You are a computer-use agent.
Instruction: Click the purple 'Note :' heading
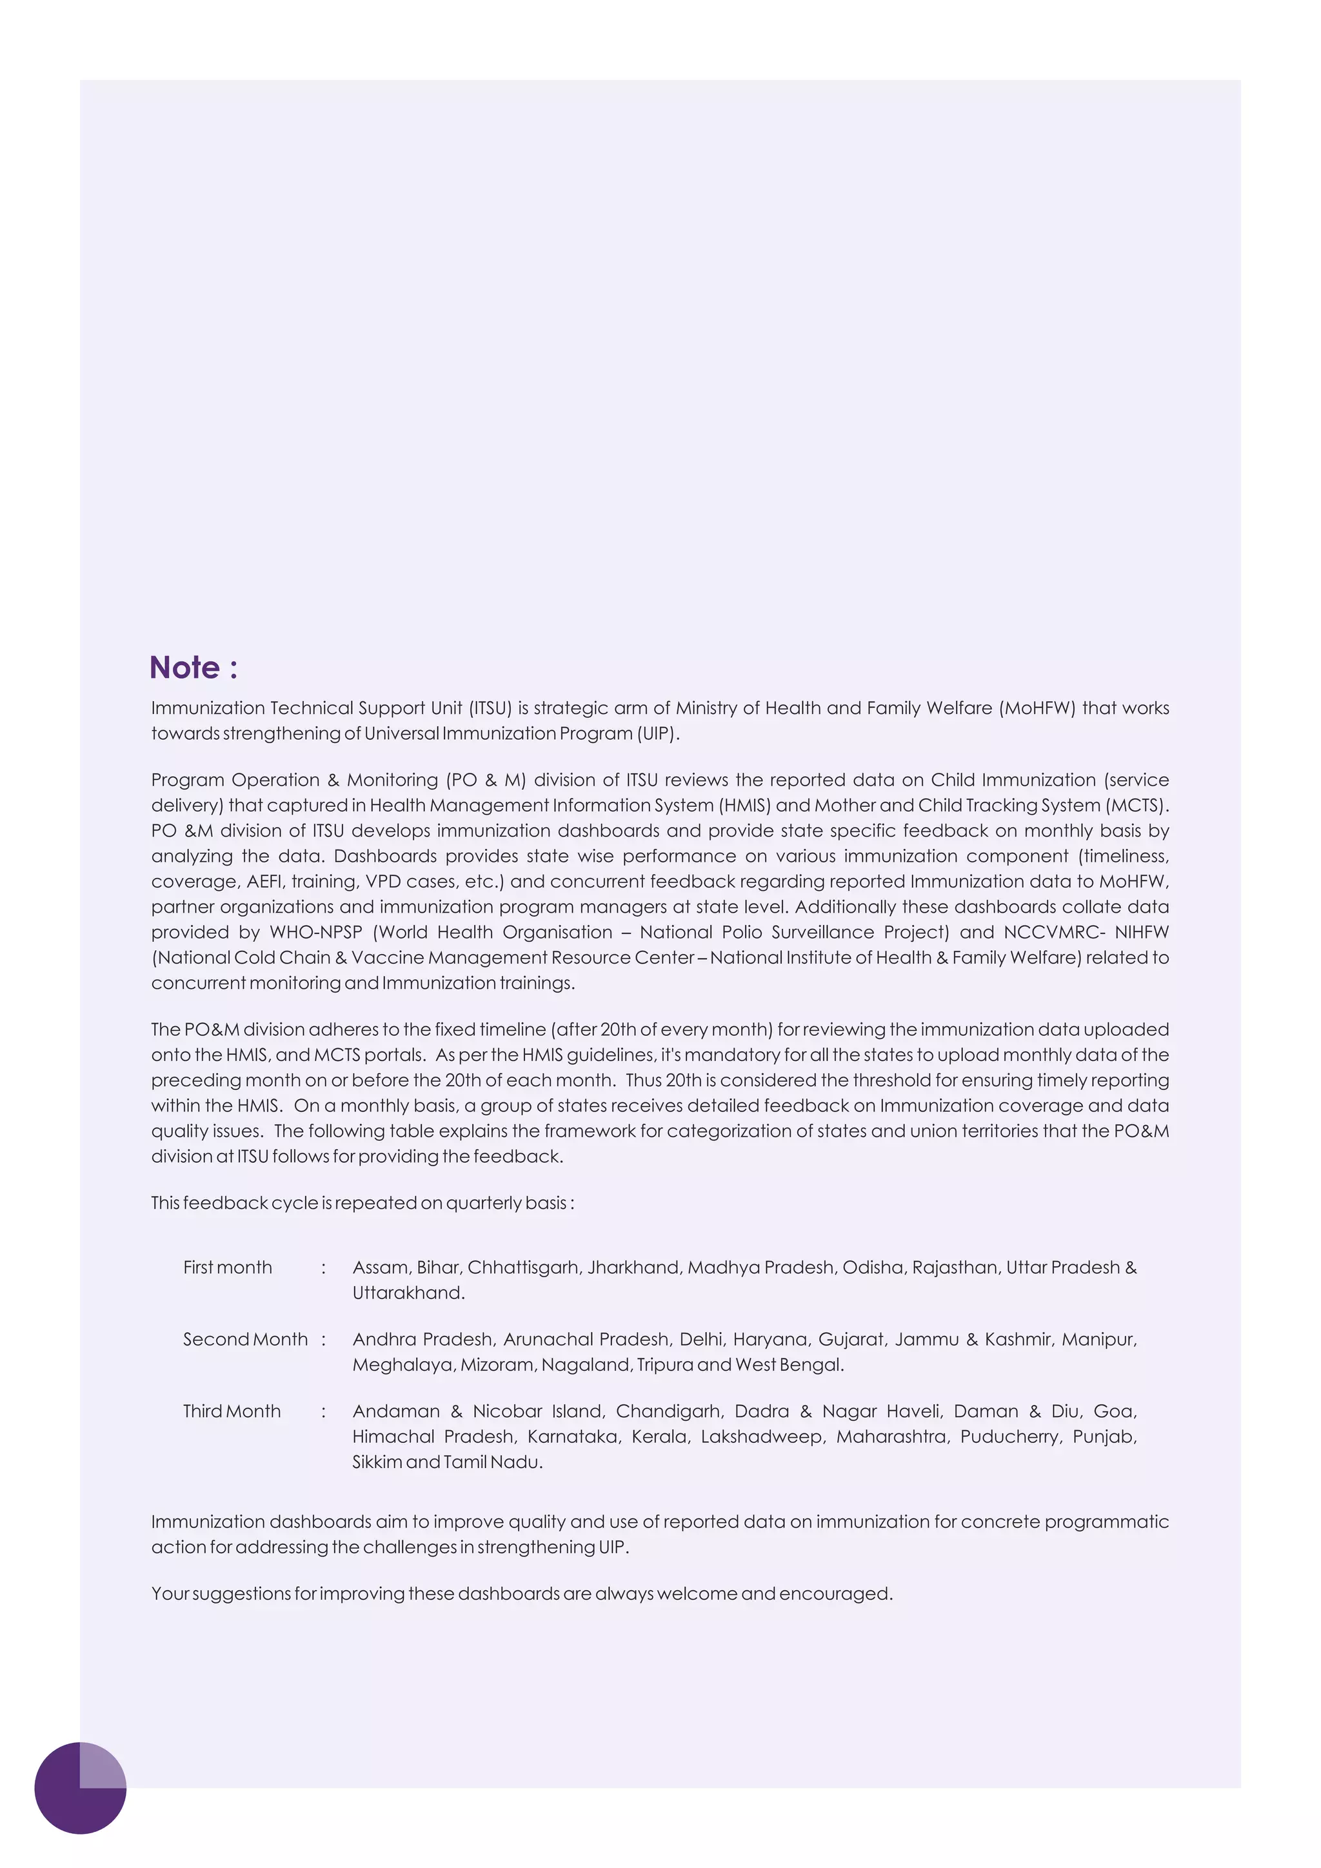194,668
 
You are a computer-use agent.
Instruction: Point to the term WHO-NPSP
315,932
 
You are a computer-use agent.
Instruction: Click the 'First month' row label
228,1267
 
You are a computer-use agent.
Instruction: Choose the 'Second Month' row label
246,1340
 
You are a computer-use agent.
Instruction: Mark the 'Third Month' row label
232,1411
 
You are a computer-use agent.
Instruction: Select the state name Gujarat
851,1340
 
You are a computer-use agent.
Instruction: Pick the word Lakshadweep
763,1436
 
